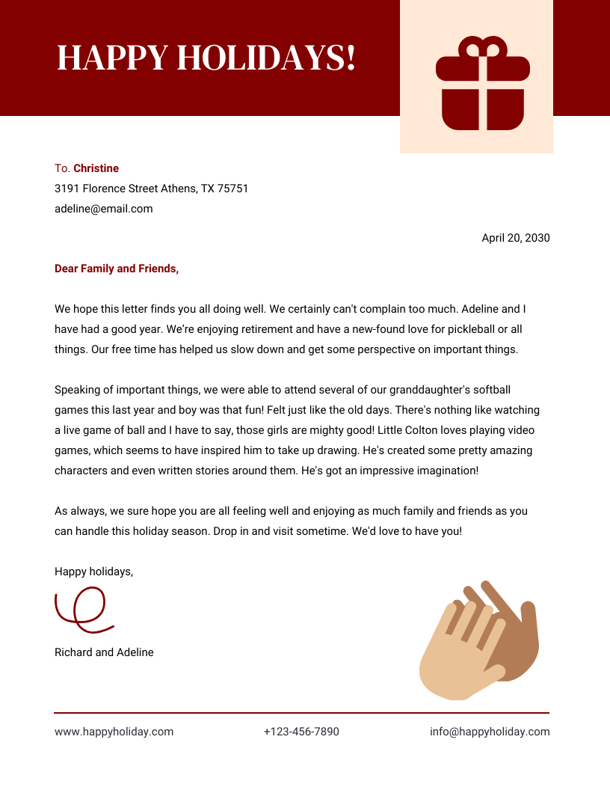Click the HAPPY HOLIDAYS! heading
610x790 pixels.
tap(206, 58)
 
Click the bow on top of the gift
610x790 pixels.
tap(482, 48)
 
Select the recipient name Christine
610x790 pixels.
tap(96, 168)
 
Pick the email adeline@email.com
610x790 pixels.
tap(103, 209)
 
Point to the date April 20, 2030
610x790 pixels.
tap(515, 238)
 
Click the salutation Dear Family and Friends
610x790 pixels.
tap(117, 269)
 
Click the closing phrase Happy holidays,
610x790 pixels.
tap(93, 572)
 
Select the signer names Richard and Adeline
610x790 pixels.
tap(104, 652)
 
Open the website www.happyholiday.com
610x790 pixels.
tap(114, 732)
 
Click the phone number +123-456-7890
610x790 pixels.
tap(301, 732)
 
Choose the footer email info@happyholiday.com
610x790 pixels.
tap(490, 732)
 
